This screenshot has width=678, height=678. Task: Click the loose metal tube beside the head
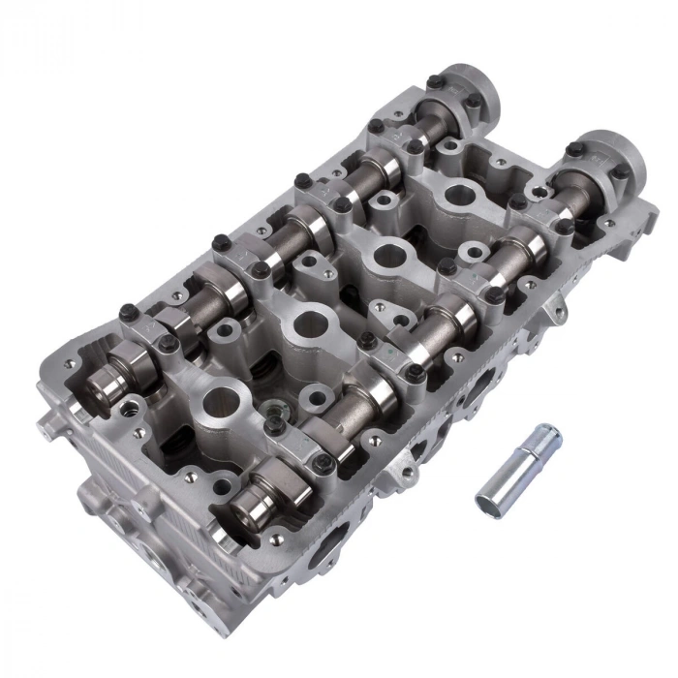[519, 471]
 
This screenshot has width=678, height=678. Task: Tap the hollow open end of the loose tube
[548, 433]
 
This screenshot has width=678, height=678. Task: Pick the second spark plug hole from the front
[308, 324]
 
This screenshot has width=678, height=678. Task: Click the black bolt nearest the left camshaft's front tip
[126, 313]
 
